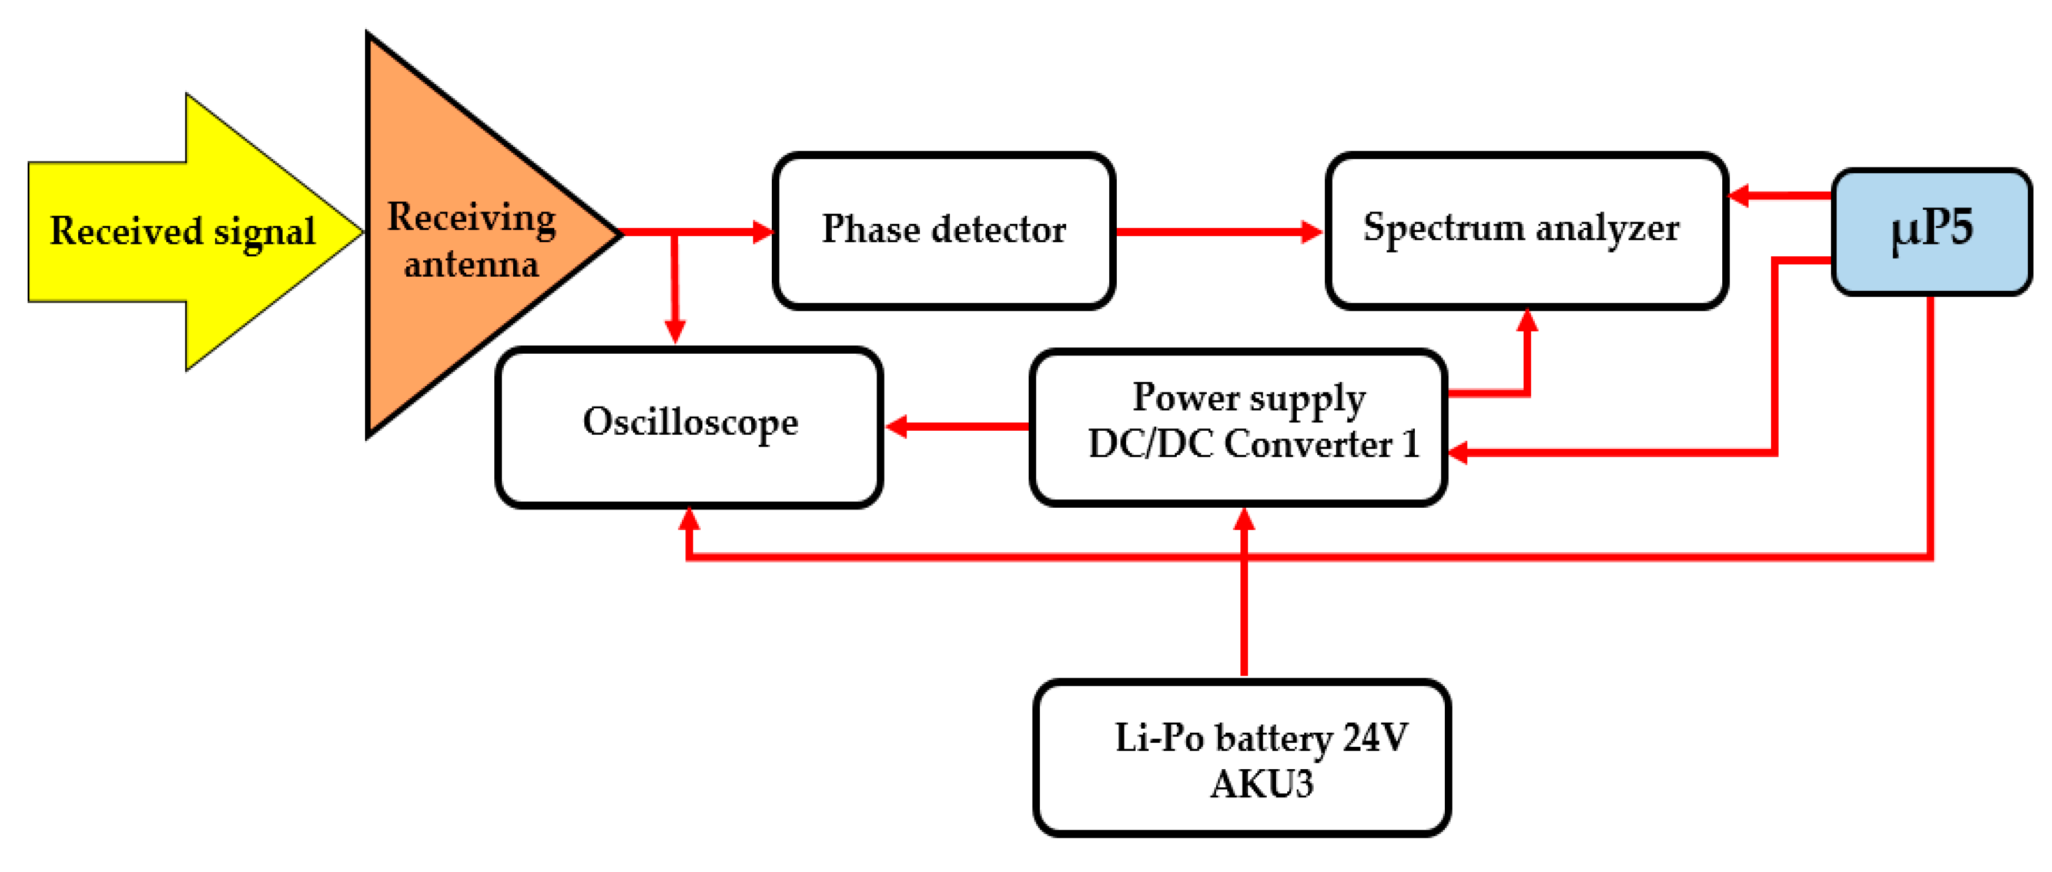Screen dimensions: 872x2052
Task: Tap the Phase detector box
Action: point(943,230)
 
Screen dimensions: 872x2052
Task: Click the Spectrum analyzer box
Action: point(1525,230)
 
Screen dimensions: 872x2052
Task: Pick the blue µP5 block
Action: point(1931,230)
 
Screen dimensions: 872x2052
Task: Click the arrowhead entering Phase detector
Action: point(763,232)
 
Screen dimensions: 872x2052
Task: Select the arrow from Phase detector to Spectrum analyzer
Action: point(1219,232)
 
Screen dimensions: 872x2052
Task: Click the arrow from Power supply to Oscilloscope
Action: point(956,426)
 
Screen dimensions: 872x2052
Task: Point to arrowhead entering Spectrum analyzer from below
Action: point(1527,320)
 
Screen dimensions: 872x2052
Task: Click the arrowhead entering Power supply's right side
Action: point(1458,453)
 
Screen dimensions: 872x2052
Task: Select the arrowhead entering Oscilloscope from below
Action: point(689,519)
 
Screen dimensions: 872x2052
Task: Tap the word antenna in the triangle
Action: point(471,264)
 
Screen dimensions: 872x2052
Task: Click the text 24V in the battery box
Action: point(1375,737)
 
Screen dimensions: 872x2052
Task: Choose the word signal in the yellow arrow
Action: point(264,232)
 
